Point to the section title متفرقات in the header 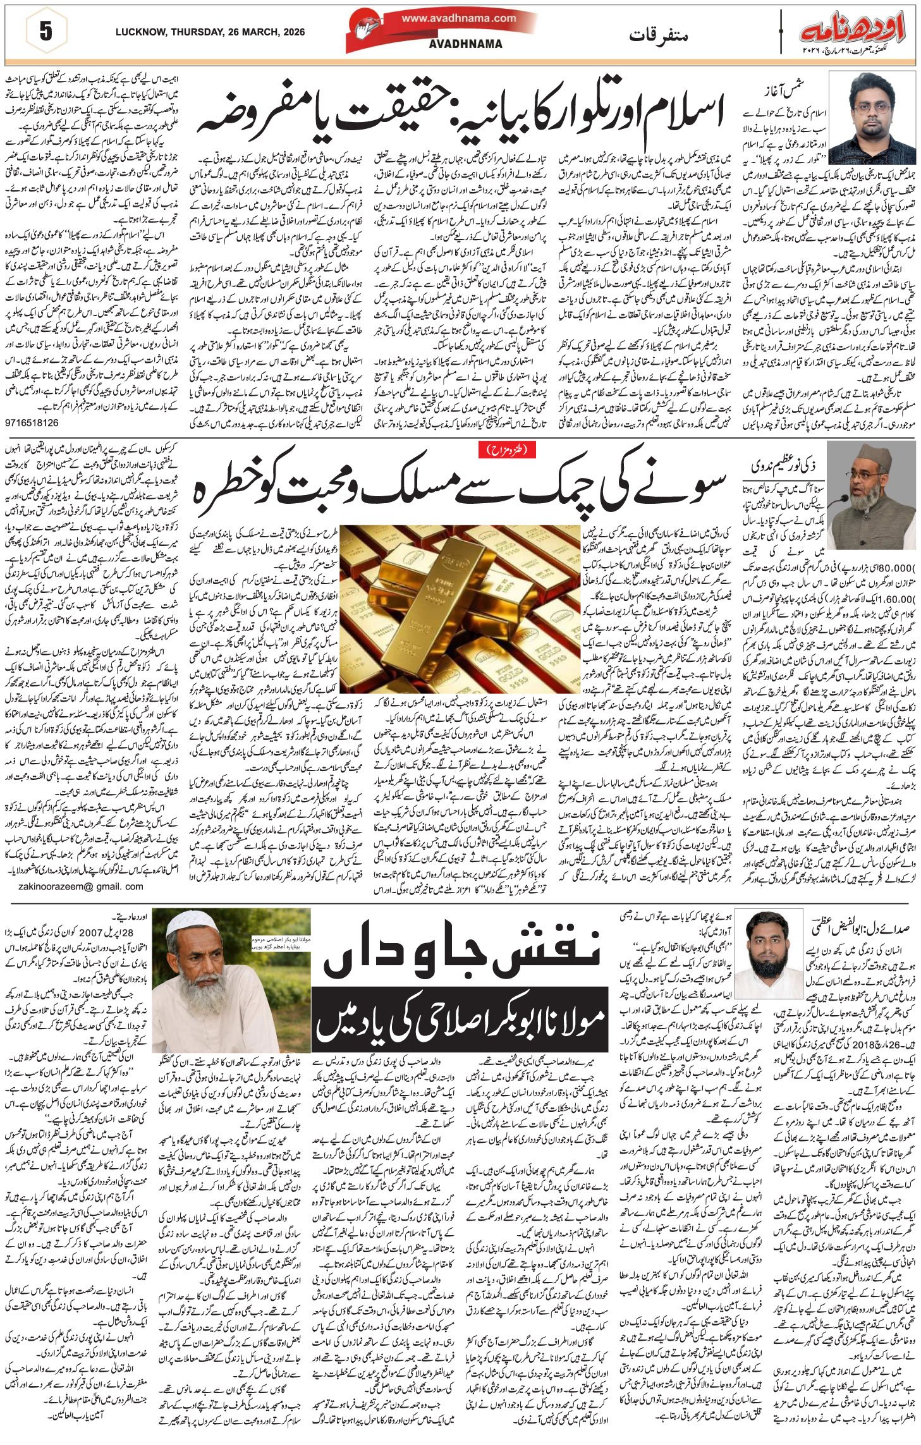pos(657,36)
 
